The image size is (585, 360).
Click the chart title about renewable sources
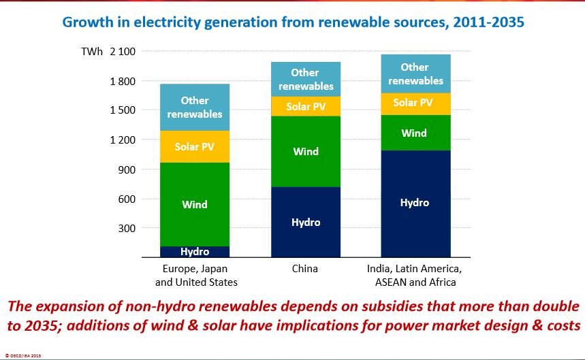click(292, 22)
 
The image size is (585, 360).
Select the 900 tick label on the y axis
click(127, 169)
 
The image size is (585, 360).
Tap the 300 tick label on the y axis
click(127, 228)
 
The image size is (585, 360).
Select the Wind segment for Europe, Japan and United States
click(194, 204)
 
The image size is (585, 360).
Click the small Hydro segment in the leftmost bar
click(194, 252)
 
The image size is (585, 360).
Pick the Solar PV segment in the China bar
click(305, 106)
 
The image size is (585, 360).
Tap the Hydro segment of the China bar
click(305, 223)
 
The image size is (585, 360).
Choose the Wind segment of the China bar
click(305, 151)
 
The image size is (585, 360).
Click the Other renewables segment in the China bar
click(305, 79)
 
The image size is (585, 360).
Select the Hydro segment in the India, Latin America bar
click(415, 203)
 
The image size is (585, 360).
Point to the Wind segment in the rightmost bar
click(415, 133)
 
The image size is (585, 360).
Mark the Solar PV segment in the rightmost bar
click(415, 103)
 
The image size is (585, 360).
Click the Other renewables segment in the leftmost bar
click(194, 108)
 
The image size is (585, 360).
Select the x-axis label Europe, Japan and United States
click(196, 275)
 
